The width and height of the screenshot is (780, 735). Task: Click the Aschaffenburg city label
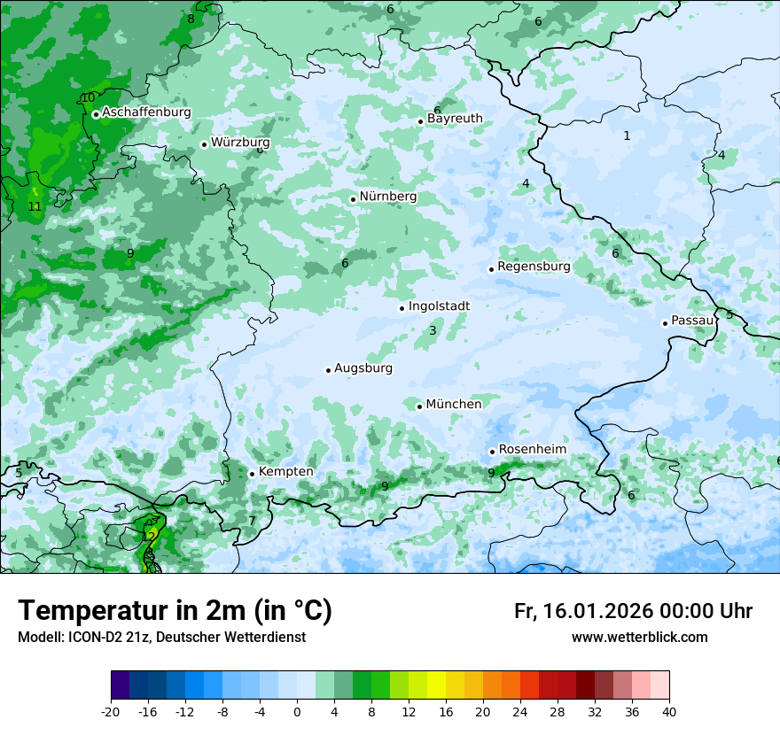tap(146, 112)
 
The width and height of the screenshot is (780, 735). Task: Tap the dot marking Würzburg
tap(204, 144)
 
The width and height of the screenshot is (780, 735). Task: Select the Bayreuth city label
tap(455, 118)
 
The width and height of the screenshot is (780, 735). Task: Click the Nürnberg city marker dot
tap(353, 199)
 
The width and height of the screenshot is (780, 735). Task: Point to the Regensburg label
tap(534, 266)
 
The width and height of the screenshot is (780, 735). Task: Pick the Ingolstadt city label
tap(439, 306)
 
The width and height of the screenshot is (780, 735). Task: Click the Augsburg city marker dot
tap(328, 370)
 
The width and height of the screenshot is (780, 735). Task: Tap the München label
tap(454, 404)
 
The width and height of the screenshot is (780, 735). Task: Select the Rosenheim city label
tap(532, 449)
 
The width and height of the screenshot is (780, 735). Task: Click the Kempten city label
tap(285, 471)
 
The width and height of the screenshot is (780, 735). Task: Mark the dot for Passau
tap(665, 323)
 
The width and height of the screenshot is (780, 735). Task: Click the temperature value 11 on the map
tap(35, 206)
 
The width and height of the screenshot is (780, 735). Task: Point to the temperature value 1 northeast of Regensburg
tap(627, 135)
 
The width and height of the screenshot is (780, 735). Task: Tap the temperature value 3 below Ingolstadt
tap(433, 330)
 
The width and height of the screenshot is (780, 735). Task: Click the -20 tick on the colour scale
tap(111, 711)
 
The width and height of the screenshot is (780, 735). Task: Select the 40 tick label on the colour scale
tap(668, 711)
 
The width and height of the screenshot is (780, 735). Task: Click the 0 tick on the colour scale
tap(297, 711)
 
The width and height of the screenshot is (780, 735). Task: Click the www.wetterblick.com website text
tap(639, 637)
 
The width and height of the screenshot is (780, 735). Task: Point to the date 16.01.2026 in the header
tap(595, 611)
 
